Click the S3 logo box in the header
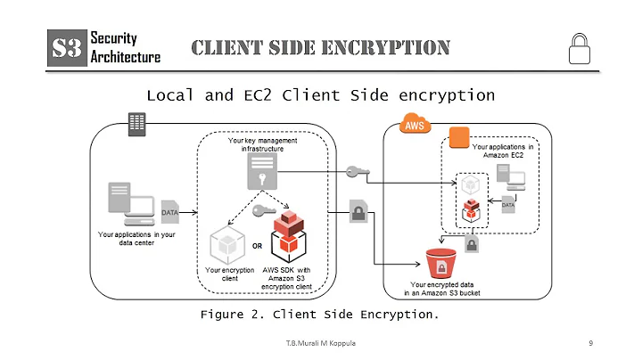click(66, 46)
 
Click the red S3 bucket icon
click(440, 264)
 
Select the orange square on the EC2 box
click(458, 138)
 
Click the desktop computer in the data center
click(126, 204)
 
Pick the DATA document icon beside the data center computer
click(169, 212)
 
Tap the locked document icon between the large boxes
click(358, 212)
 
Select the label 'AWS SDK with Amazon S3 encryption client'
click(290, 278)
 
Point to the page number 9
click(591, 343)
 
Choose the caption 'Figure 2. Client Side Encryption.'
click(320, 315)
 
